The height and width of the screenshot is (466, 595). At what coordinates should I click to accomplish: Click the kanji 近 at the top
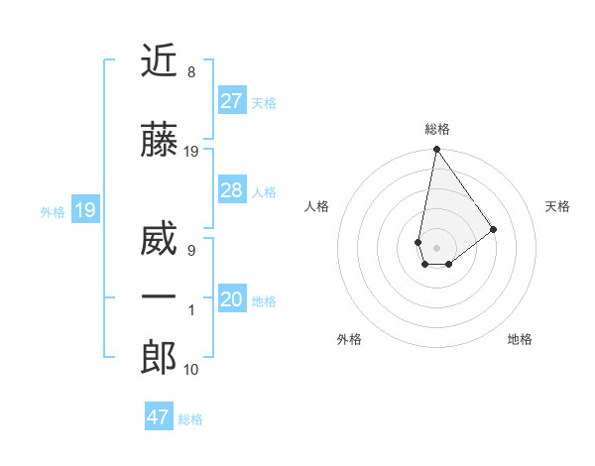[x=159, y=61]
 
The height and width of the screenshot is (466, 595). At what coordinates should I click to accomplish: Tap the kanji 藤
[x=159, y=141]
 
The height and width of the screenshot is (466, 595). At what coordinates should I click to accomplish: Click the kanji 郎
[x=159, y=358]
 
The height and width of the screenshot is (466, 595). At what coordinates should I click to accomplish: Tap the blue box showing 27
[x=231, y=101]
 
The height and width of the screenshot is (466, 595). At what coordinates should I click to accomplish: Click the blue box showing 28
[x=231, y=190]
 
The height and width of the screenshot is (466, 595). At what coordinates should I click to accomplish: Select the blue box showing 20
[x=231, y=300]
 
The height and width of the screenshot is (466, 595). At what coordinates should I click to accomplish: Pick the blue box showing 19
[x=84, y=210]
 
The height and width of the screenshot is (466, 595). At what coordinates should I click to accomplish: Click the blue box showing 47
[x=158, y=417]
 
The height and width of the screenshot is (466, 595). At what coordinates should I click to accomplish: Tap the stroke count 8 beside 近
[x=191, y=72]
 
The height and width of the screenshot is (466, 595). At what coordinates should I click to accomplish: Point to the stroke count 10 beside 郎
[x=191, y=370]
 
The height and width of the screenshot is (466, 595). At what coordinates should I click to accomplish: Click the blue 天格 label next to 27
[x=264, y=102]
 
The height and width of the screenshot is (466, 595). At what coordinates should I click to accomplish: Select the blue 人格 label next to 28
[x=264, y=191]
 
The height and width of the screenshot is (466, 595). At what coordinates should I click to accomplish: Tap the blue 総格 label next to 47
[x=190, y=418]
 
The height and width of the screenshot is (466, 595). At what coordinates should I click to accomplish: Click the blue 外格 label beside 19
[x=52, y=211]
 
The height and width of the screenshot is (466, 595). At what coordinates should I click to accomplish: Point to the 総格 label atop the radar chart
[x=436, y=129]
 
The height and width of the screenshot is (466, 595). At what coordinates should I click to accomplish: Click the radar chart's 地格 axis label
[x=520, y=339]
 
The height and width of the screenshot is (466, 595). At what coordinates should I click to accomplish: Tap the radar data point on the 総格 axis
[x=436, y=150]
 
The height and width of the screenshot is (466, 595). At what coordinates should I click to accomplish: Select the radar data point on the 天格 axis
[x=494, y=229]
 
